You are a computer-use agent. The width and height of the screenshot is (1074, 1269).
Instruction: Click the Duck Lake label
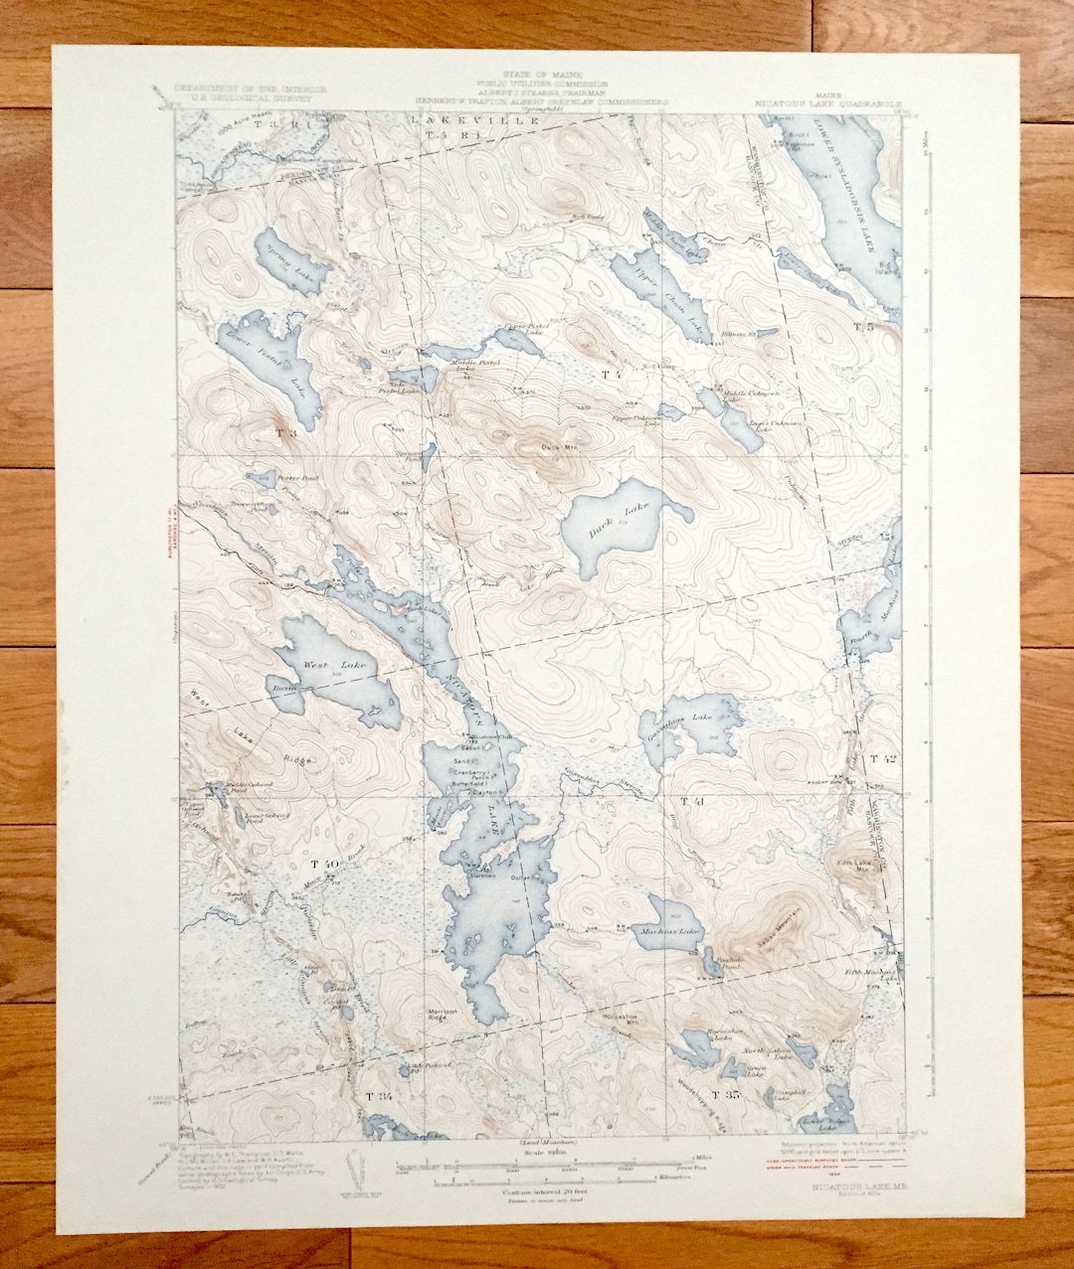[x=604, y=527]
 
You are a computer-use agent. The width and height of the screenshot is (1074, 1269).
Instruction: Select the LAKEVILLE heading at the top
[x=487, y=120]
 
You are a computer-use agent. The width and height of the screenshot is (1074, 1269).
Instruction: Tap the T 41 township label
[x=692, y=800]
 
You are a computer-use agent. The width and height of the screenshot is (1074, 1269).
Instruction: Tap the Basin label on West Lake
[x=281, y=687]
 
